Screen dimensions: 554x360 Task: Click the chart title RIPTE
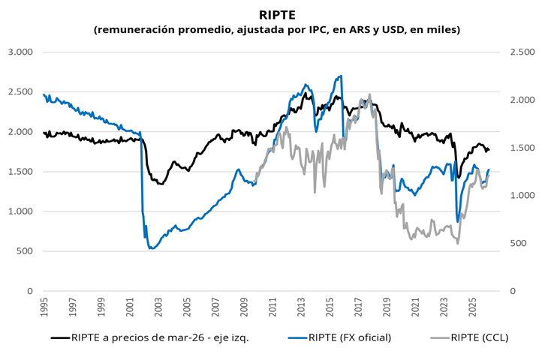(x=277, y=15)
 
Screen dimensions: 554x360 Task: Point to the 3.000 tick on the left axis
(x=20, y=52)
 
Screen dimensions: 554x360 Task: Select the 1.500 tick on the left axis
(x=20, y=172)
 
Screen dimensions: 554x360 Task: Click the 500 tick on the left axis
(x=25, y=251)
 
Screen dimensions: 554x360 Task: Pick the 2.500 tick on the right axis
(x=522, y=52)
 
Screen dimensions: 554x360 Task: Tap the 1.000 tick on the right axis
(x=522, y=196)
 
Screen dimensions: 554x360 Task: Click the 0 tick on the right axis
(x=513, y=291)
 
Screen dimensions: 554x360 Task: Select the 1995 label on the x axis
(x=44, y=307)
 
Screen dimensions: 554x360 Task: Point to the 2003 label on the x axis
(x=158, y=307)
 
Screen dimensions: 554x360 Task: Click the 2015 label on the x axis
(x=330, y=307)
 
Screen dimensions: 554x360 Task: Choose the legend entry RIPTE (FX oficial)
(x=339, y=337)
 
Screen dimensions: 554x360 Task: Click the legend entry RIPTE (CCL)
(x=469, y=337)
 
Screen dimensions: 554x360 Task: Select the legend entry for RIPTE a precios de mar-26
(x=150, y=337)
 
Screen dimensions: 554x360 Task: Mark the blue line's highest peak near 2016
(x=341, y=76)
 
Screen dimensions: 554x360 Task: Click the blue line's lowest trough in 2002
(x=151, y=248)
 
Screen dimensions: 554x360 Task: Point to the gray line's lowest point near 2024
(x=458, y=244)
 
